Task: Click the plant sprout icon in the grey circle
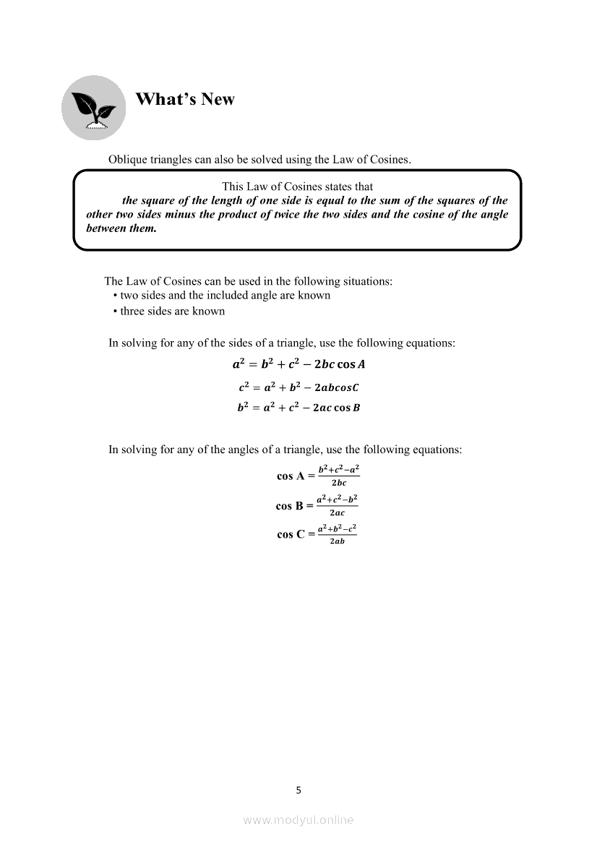93,108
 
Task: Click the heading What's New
185,99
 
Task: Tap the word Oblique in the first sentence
127,159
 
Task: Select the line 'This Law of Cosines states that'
297,186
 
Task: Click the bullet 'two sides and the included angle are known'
225,295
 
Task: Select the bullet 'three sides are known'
172,311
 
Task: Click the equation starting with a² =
298,364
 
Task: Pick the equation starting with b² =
298,408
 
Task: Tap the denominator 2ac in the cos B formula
337,512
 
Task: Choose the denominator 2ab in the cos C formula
337,541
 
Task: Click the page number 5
298,790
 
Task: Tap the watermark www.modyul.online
298,820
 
